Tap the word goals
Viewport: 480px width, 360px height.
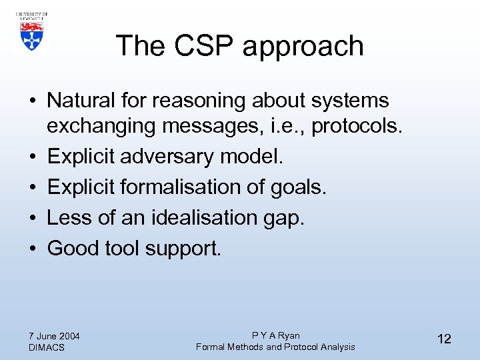(x=298, y=187)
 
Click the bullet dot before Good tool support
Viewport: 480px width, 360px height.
(x=33, y=249)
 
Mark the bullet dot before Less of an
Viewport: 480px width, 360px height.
(x=33, y=218)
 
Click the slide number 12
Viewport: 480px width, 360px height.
(x=443, y=339)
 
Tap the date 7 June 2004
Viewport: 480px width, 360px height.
(x=55, y=335)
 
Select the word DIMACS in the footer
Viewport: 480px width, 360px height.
(x=47, y=347)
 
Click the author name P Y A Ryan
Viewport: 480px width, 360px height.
(x=275, y=335)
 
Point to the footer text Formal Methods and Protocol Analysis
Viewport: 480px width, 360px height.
(x=275, y=347)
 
